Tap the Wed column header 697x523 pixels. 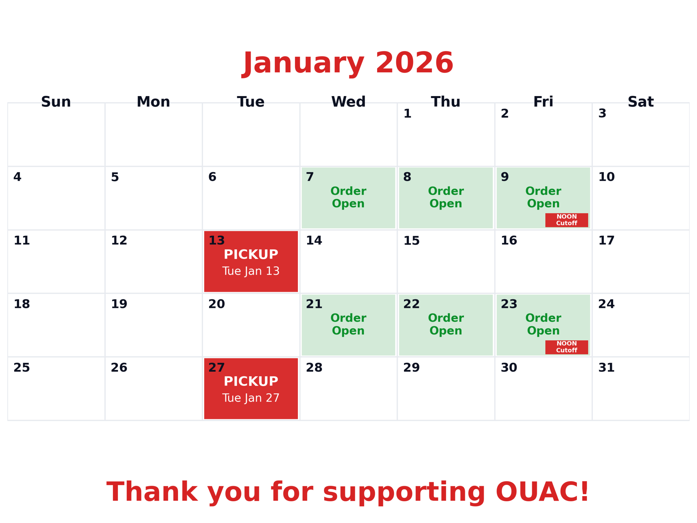point(348,102)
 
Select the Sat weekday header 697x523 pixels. point(641,102)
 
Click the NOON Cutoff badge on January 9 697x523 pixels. point(567,220)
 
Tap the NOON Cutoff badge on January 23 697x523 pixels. point(567,347)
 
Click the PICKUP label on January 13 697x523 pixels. point(251,254)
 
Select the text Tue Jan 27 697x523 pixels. point(251,398)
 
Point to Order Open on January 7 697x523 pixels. point(348,197)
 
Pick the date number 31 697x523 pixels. point(606,367)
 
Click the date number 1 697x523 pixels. point(407,114)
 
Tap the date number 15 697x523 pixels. point(411,241)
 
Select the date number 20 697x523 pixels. point(216,304)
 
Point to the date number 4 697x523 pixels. point(17,177)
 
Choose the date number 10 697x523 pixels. point(606,177)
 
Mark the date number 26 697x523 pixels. point(119,367)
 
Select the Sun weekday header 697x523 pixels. point(56,102)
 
